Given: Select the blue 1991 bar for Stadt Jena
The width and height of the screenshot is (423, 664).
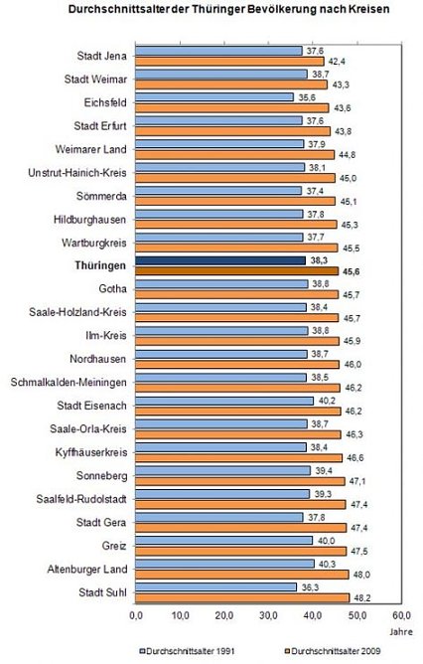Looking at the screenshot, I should point(218,50).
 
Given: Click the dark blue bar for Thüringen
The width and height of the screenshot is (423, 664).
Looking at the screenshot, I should point(220,260).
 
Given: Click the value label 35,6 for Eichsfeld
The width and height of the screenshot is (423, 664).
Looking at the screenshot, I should point(306,97).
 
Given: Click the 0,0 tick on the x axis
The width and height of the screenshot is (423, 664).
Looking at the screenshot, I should point(137,616).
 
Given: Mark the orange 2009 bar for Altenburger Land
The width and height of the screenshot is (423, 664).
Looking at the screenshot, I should point(241,575).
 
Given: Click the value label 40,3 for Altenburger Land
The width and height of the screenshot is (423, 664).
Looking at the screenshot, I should point(327,565).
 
